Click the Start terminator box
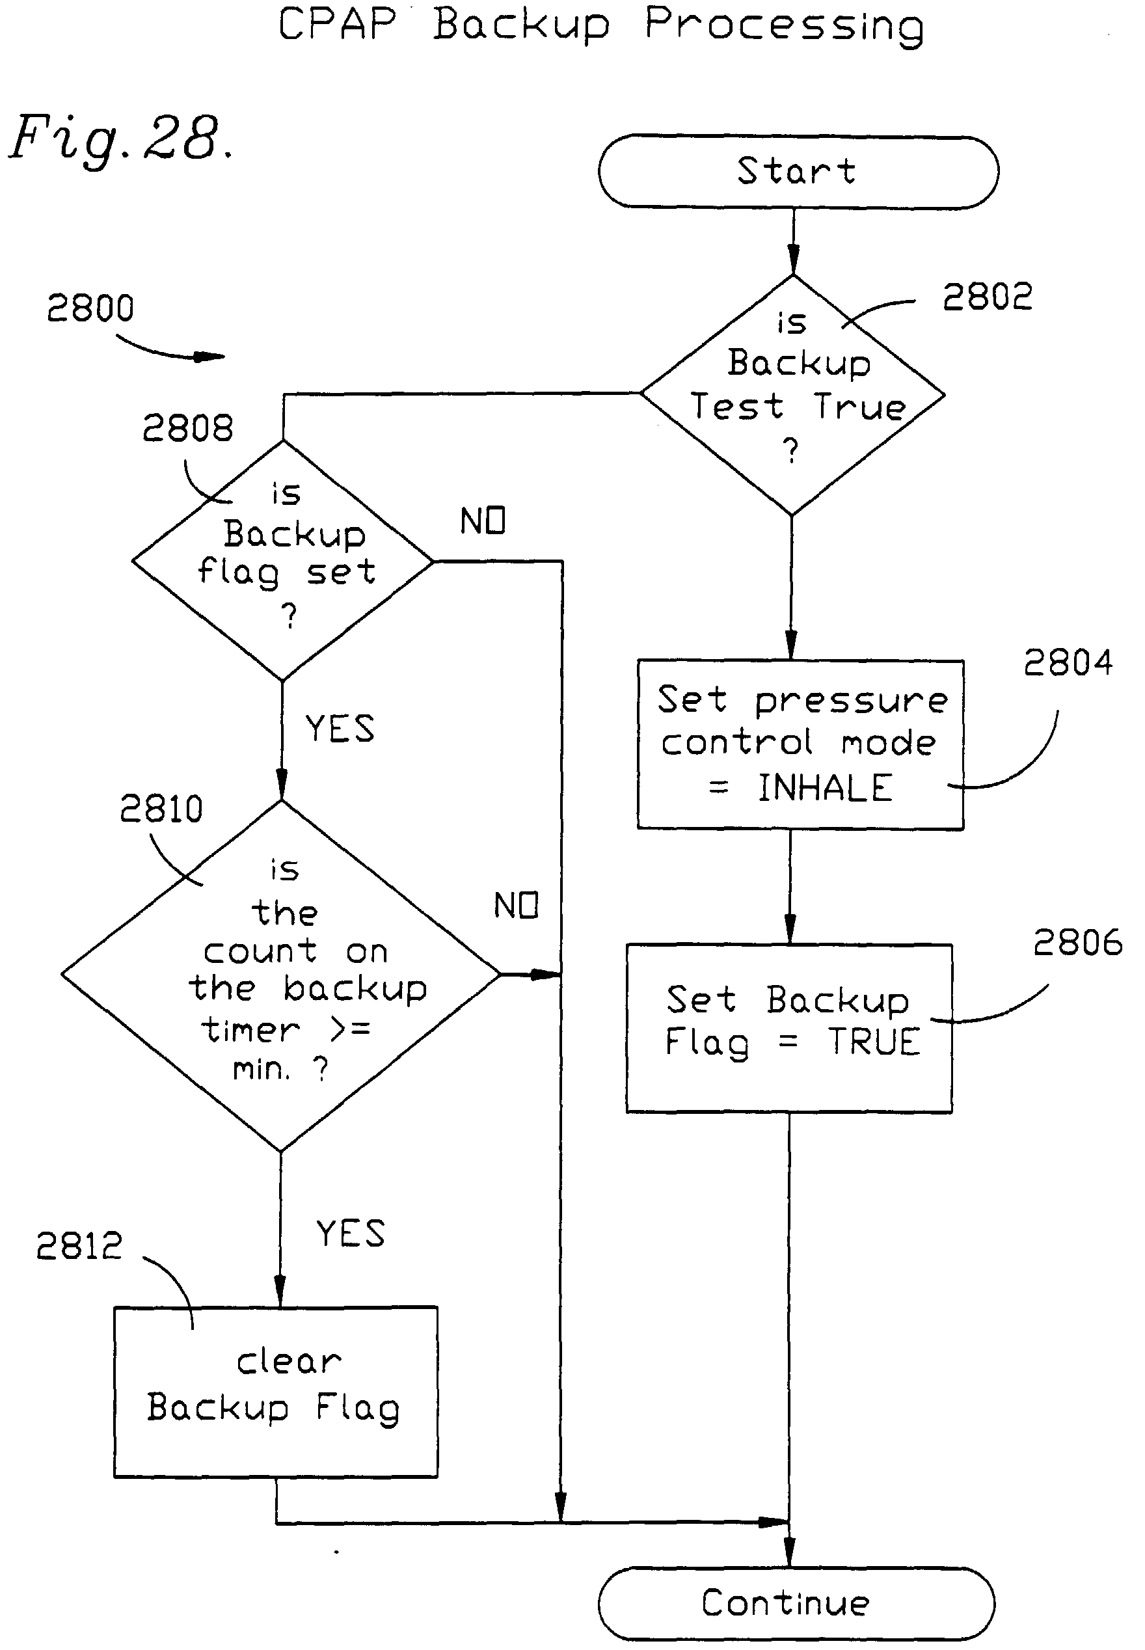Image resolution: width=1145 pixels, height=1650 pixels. click(798, 172)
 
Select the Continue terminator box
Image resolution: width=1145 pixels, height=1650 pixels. click(796, 1603)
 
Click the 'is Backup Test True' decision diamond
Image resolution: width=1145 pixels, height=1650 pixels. click(792, 394)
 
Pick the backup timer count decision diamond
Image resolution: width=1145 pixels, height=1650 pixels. click(281, 974)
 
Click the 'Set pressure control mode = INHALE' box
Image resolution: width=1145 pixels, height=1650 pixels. click(800, 744)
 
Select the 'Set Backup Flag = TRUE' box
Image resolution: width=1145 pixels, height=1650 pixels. click(789, 1027)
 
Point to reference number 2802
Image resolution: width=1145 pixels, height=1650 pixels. click(987, 297)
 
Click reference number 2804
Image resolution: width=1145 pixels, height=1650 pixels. click(1068, 662)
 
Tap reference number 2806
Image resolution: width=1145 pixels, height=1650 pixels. click(1077, 942)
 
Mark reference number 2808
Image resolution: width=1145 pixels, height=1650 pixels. click(187, 428)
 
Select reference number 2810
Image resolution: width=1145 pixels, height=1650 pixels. click(161, 809)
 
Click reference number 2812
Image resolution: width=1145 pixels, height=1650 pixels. click(79, 1246)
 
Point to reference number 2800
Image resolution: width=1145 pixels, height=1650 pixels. click(90, 308)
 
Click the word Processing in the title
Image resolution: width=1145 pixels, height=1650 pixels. click(783, 26)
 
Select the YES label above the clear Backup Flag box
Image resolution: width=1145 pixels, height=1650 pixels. click(350, 1234)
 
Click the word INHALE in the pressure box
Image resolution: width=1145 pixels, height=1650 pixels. click(825, 788)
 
